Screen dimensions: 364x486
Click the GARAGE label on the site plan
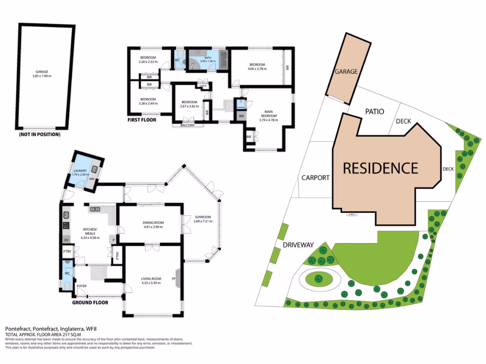[x=346, y=72]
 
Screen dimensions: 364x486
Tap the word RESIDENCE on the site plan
[x=380, y=168]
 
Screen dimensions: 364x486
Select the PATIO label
[x=374, y=111]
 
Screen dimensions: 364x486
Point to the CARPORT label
[x=315, y=178]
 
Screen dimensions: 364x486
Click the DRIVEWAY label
[x=299, y=245]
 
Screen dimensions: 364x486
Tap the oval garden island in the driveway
[x=318, y=279]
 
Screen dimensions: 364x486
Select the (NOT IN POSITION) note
[x=39, y=135]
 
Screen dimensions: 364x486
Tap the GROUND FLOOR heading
[x=90, y=302]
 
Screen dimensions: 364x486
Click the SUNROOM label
[x=202, y=217]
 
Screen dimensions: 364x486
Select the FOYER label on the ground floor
[x=82, y=286]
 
